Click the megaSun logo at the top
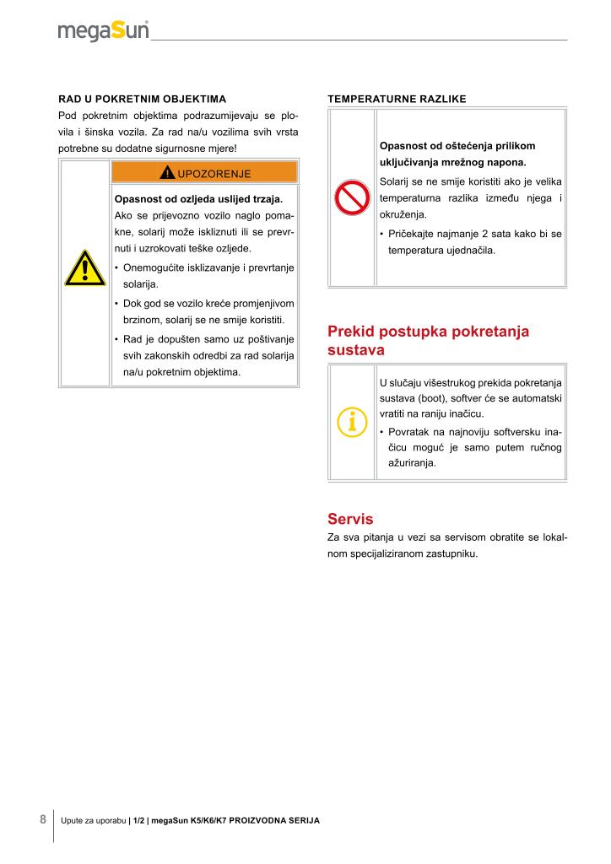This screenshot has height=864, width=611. click(103, 31)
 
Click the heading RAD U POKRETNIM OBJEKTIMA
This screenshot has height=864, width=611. click(142, 99)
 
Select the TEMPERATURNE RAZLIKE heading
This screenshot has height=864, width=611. click(397, 99)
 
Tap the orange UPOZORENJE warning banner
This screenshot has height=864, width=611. click(203, 173)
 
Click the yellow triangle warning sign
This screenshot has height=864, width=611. click(84, 268)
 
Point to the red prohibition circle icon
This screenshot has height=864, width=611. click(349, 198)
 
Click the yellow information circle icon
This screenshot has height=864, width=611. click(351, 421)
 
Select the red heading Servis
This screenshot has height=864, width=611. click(350, 519)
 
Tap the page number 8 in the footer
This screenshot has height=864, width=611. click(43, 819)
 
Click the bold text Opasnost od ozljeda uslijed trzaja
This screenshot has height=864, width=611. click(198, 200)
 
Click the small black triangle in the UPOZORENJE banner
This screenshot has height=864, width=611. click(168, 173)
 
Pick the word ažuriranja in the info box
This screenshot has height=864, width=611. click(413, 463)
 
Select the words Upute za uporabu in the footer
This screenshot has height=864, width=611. click(93, 820)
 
